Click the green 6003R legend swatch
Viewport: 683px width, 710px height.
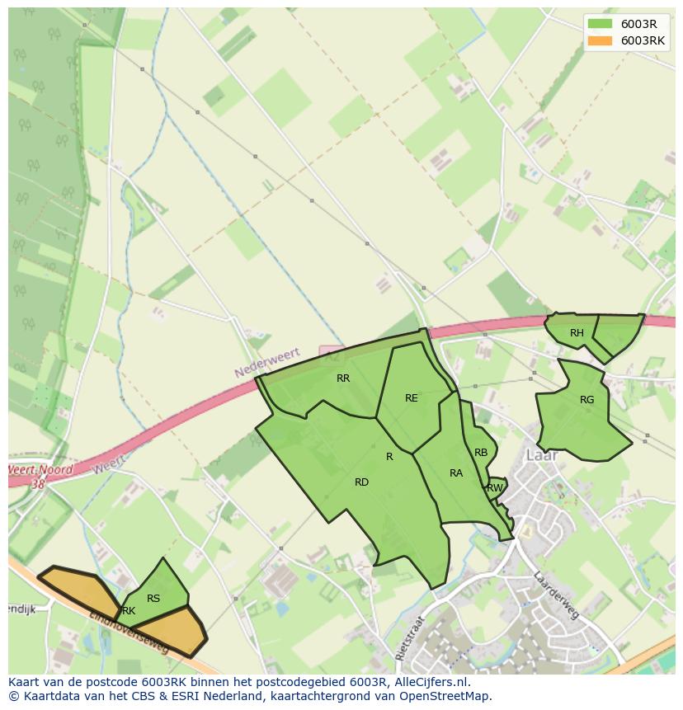tap(601, 24)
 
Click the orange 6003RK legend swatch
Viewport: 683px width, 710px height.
tap(601, 40)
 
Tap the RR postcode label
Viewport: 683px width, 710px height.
tap(343, 379)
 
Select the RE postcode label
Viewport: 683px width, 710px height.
tap(412, 398)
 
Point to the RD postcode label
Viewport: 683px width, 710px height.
tap(361, 482)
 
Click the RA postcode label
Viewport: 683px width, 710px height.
tap(456, 473)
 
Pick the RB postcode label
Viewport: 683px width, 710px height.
tap(481, 453)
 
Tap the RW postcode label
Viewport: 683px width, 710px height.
tap(495, 488)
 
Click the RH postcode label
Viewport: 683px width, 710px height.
tap(577, 333)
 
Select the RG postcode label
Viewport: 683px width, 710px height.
tap(586, 400)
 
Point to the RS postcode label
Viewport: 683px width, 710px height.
tap(153, 599)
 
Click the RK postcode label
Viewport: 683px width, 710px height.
tap(128, 611)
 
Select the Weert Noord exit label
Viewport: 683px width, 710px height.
tap(40, 471)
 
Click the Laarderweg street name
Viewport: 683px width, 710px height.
tap(556, 595)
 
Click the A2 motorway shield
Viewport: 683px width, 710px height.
tap(331, 355)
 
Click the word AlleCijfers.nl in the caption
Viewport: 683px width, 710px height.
tap(429, 683)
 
